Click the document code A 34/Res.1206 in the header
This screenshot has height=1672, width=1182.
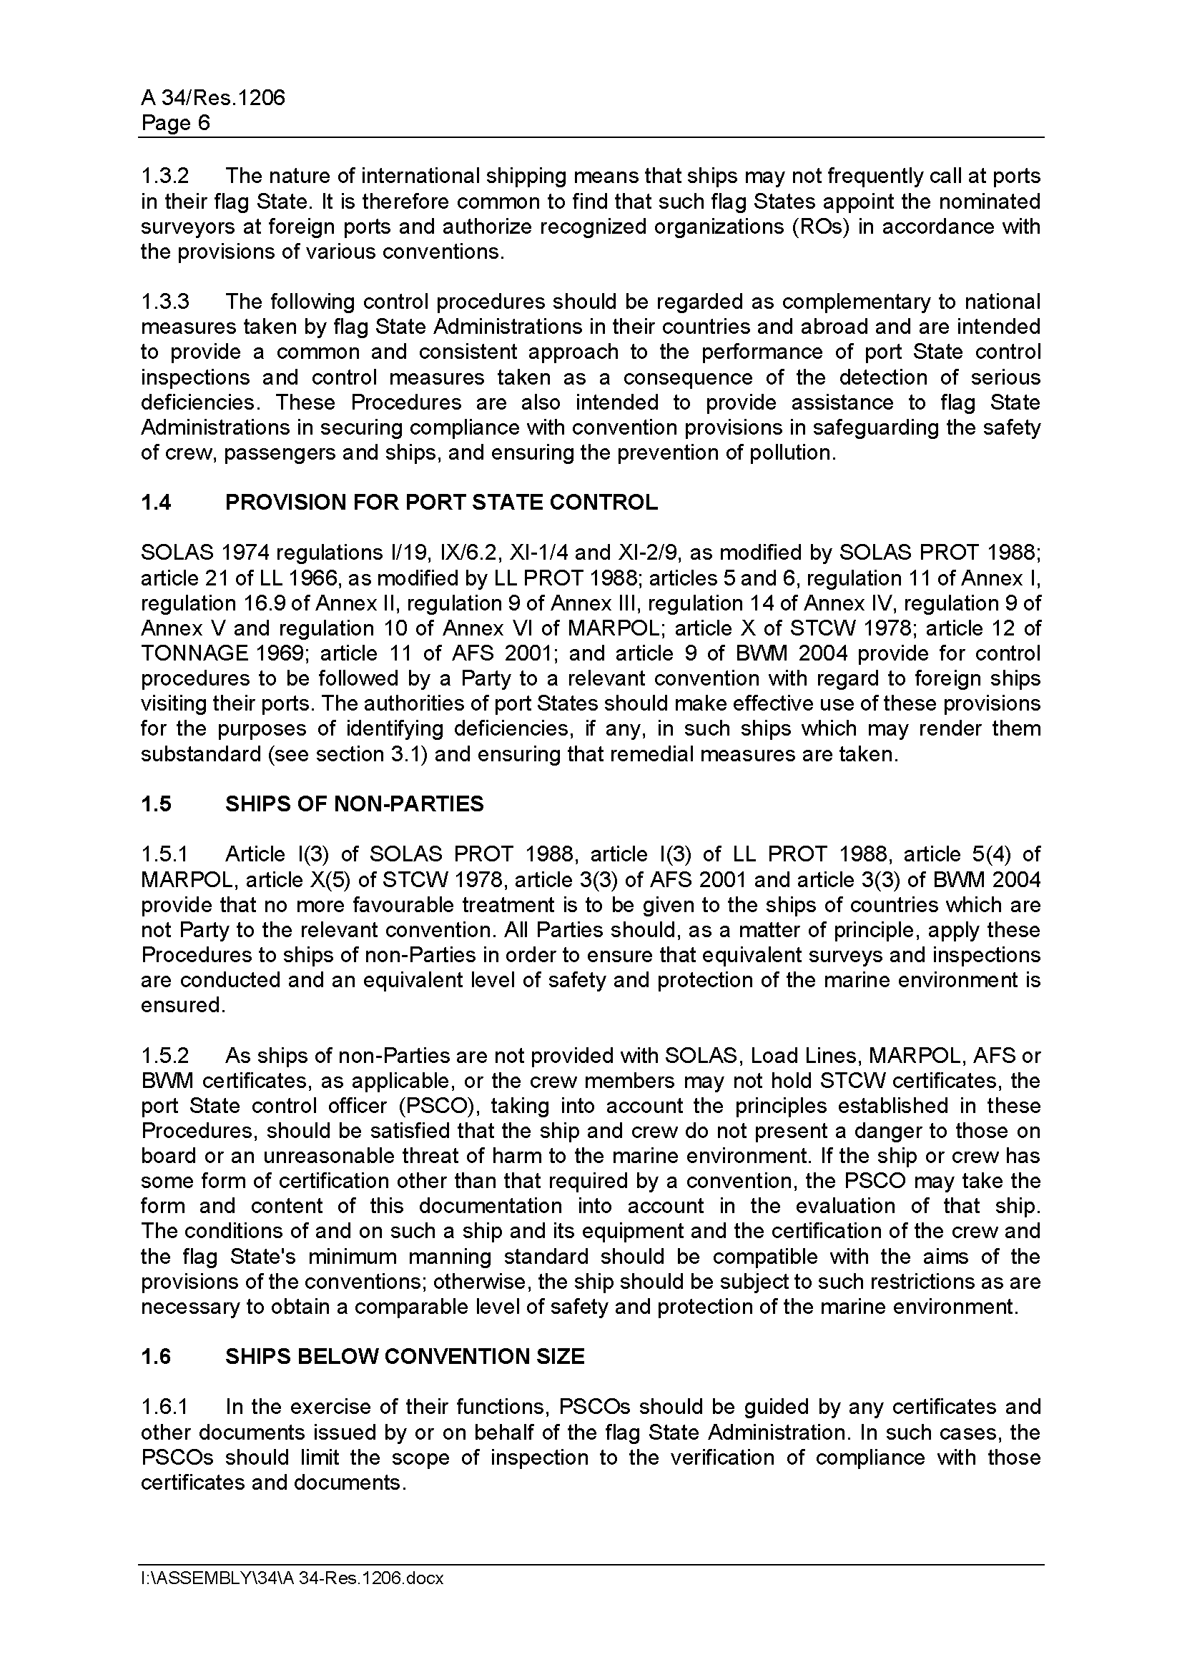point(212,98)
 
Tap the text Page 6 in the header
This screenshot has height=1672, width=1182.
point(175,123)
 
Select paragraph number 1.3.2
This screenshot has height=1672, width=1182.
point(164,177)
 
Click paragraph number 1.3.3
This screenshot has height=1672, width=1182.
point(164,302)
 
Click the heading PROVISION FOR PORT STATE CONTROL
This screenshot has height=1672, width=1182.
point(441,503)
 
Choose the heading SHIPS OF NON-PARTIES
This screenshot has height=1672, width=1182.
point(354,804)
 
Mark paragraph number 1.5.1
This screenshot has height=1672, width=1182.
point(164,854)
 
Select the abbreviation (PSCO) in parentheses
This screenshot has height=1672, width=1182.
point(435,1106)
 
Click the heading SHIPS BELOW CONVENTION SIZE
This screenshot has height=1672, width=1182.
point(405,1357)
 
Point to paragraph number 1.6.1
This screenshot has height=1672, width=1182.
point(164,1407)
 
